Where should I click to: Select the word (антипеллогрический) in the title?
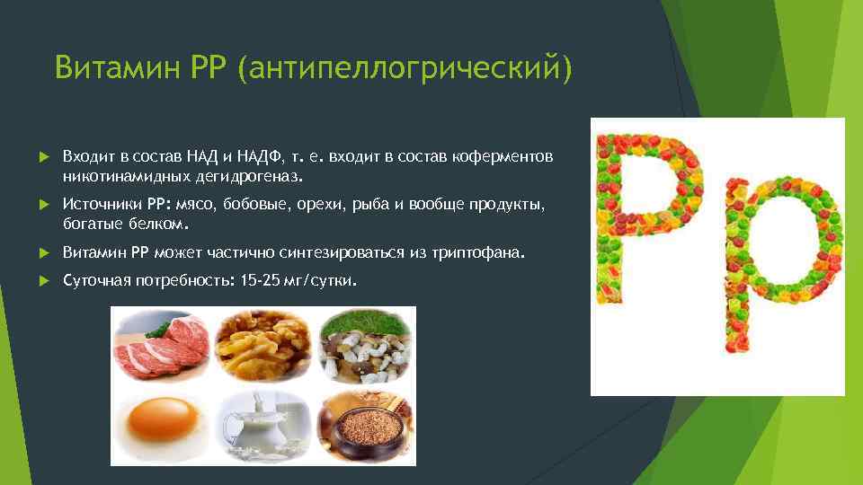point(405,67)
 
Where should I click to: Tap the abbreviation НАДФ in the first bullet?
point(255,157)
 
